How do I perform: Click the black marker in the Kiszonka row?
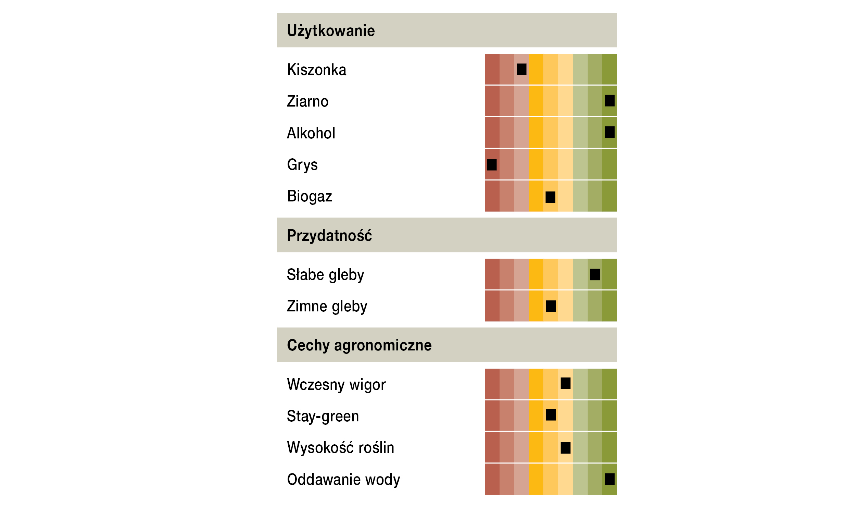tap(521, 69)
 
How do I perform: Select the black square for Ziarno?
tap(609, 101)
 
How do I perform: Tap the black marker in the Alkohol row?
tap(609, 132)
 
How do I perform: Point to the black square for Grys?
tap(492, 165)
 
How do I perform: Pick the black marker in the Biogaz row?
tap(550, 197)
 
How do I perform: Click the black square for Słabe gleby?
tap(595, 274)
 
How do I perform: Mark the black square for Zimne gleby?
tap(551, 306)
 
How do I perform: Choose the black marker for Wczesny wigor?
tap(565, 383)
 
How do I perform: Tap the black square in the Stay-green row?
tap(551, 415)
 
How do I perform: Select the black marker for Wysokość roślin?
tap(565, 448)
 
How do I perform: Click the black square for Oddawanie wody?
tap(609, 479)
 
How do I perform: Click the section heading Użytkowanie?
tap(331, 30)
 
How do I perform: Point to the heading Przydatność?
tap(329, 236)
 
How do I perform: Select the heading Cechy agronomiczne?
tap(359, 345)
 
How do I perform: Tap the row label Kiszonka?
tap(316, 70)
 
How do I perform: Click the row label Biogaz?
tap(309, 196)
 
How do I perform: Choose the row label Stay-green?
tap(323, 416)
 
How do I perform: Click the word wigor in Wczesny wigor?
tap(367, 385)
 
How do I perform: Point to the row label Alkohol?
tap(311, 133)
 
